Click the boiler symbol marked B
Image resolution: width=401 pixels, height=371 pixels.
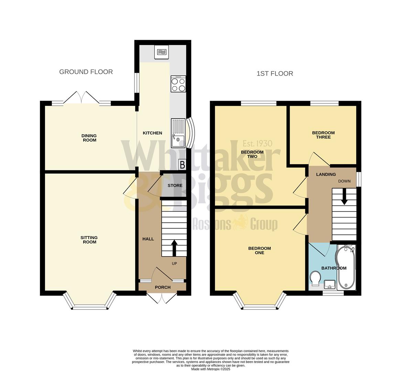(182, 164)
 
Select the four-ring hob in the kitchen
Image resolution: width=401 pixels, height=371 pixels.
(178, 84)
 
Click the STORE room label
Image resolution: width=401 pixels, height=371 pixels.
(175, 185)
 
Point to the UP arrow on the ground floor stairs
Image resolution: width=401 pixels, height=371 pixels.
(174, 247)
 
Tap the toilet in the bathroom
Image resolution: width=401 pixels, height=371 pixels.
(315, 278)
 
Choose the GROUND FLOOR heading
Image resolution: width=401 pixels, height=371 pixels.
(86, 72)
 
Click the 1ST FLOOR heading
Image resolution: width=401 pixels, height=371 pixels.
(275, 74)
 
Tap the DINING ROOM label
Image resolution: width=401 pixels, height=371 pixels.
(89, 138)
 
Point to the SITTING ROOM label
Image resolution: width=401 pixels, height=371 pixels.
(89, 240)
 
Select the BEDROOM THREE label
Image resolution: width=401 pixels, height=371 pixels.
(323, 135)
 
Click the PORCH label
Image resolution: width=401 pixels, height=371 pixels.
(163, 287)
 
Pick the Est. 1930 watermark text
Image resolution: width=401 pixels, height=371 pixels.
(257, 143)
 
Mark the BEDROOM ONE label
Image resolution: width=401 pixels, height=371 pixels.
(259, 250)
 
